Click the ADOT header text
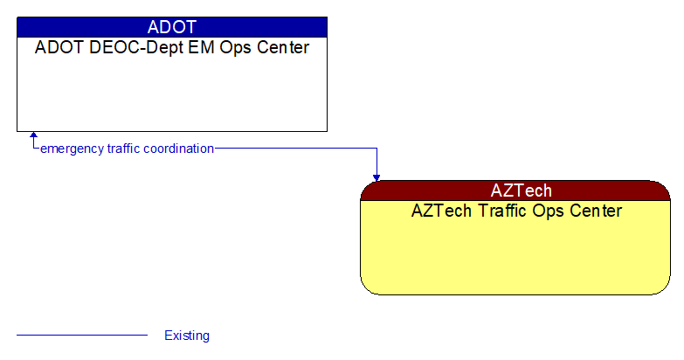[x=172, y=27]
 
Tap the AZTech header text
[x=521, y=190]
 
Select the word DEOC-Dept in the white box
[x=115, y=48]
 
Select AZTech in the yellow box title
[x=441, y=211]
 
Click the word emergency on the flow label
[x=72, y=149]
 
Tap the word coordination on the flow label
[x=179, y=149]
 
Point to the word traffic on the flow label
[x=123, y=149]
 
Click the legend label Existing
[x=187, y=336]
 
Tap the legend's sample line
[x=82, y=335]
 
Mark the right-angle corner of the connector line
[x=377, y=149]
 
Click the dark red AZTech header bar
[x=611, y=190]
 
